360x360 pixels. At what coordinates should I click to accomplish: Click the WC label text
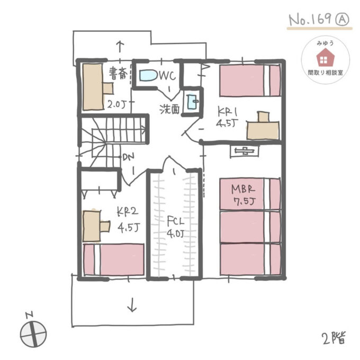pyautogui.click(x=168, y=75)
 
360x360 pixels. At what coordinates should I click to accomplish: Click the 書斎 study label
pyautogui.click(x=118, y=74)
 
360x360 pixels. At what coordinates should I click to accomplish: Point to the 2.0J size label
pyautogui.click(x=116, y=105)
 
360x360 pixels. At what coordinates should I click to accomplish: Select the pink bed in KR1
pyautogui.click(x=250, y=80)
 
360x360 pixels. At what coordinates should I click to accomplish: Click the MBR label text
pyautogui.click(x=243, y=190)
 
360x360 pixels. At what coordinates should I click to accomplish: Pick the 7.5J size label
pyautogui.click(x=244, y=201)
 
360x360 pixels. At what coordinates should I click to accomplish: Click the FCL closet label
pyautogui.click(x=175, y=221)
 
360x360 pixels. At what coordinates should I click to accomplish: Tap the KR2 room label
pyautogui.click(x=128, y=212)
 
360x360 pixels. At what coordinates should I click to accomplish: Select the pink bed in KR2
pyautogui.click(x=114, y=259)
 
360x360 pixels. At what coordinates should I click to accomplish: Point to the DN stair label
pyautogui.click(x=129, y=157)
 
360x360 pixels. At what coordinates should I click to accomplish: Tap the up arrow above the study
pyautogui.click(x=120, y=48)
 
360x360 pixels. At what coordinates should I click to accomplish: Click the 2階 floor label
pyautogui.click(x=334, y=338)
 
